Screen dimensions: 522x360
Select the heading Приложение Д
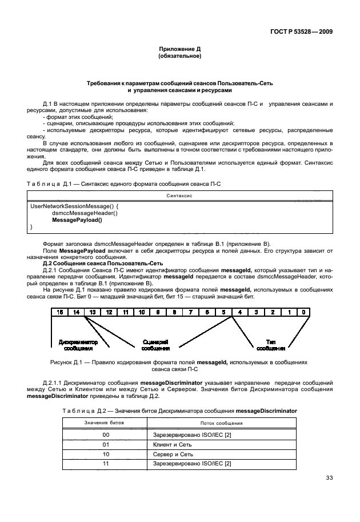click(179, 50)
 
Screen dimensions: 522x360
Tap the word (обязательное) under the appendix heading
click(179, 57)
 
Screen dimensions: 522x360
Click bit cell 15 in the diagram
click(59, 312)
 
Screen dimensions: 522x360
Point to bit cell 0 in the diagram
click(306, 312)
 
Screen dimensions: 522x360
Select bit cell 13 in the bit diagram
click(93, 312)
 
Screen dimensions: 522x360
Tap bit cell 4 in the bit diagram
click(240, 312)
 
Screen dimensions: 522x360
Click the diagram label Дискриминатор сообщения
click(78, 345)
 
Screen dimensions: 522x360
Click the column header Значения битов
click(105, 423)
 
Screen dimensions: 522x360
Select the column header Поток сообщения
click(222, 423)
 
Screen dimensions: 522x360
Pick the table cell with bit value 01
click(105, 444)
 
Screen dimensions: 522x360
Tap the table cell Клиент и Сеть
click(172, 444)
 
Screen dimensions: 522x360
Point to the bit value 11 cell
click(105, 463)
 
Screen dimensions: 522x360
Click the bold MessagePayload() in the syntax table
click(77, 220)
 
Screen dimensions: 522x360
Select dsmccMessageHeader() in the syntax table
click(85, 213)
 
